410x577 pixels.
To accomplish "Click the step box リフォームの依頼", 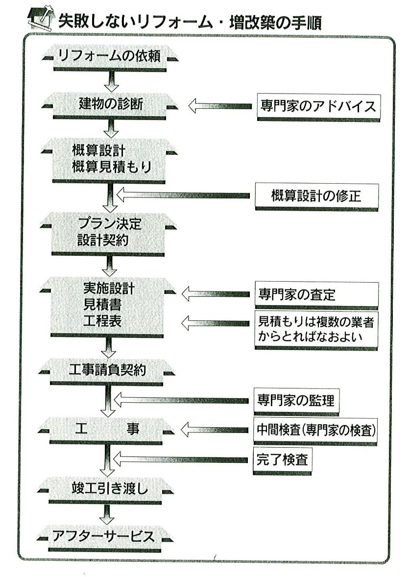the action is (110, 57).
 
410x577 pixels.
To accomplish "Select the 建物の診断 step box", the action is (110, 105).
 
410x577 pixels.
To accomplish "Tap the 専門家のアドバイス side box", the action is (318, 107).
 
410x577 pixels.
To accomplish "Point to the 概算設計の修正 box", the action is (316, 197).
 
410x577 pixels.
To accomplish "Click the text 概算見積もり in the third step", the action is (112, 167).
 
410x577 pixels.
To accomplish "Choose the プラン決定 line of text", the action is (110, 223).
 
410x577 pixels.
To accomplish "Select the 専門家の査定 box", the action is (316, 295).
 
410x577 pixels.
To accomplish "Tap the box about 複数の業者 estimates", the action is (316, 330).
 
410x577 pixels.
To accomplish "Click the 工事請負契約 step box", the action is (107, 371).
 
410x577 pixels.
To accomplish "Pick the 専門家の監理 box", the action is (296, 401).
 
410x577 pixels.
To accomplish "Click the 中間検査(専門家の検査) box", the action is (315, 431).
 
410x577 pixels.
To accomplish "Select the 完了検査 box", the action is (282, 460).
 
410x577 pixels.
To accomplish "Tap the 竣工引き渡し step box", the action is (106, 490).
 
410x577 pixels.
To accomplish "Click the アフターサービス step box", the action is (104, 538).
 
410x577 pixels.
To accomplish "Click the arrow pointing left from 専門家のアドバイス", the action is (220, 106).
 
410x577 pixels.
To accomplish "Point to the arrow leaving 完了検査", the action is (180, 459).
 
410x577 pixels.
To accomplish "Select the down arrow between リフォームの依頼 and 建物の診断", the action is (111, 82).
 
